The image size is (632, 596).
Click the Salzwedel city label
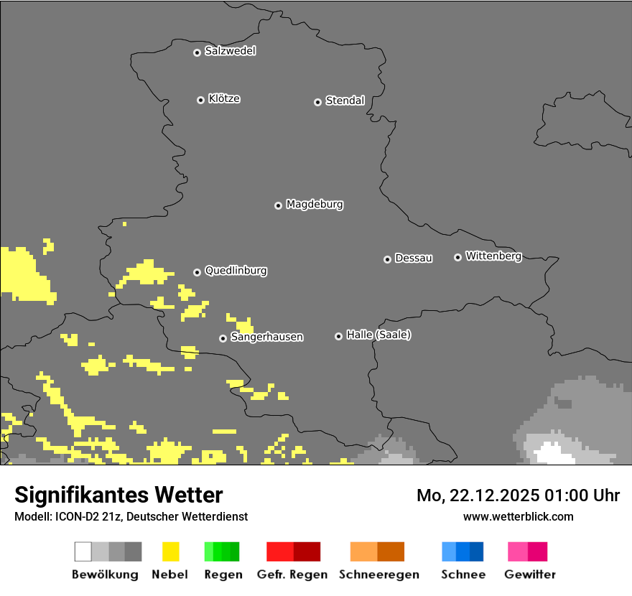pos(230,51)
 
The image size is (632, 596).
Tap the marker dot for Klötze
pos(200,100)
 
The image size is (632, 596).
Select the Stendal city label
pos(345,101)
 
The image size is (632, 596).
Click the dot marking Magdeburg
pos(278,205)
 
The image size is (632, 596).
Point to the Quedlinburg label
pos(236,271)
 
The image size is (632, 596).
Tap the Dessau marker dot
pos(387,259)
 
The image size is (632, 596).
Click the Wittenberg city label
pos(493,256)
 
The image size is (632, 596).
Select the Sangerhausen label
pos(266,337)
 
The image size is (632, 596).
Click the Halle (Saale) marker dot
pos(338,336)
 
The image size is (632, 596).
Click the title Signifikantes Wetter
pos(118,495)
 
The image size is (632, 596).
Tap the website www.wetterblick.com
pos(518,516)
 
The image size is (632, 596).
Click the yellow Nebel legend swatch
pos(170,551)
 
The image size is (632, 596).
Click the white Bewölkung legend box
pos(83,551)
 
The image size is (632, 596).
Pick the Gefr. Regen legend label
pos(292,574)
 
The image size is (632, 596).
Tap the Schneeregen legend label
pos(378,574)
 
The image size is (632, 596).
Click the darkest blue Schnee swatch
pos(477,551)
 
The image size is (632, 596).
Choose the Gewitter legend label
pos(529,574)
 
